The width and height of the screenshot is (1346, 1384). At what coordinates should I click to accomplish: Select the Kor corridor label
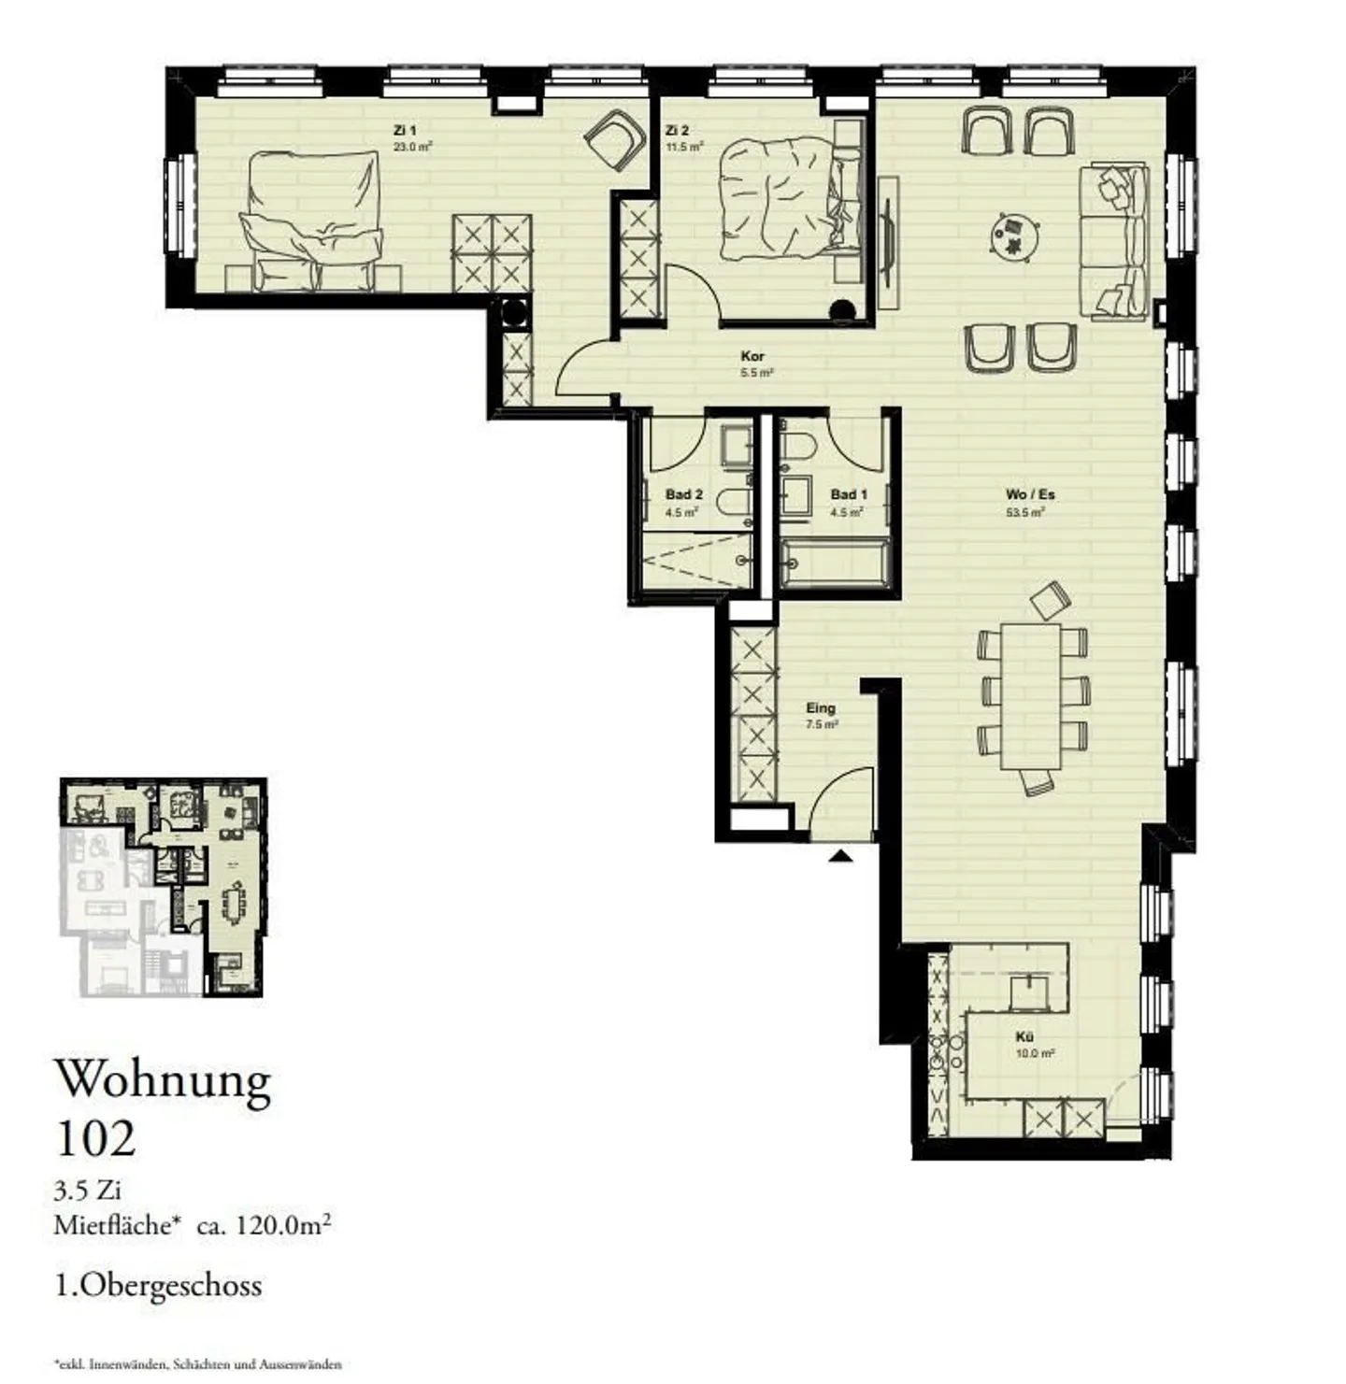point(752,356)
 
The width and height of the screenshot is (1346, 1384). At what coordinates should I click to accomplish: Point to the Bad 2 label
point(683,494)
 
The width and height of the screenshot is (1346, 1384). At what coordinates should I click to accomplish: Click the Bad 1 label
point(848,494)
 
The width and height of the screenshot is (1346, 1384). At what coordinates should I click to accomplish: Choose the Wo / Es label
point(1030,494)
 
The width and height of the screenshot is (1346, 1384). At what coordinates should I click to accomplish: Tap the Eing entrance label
point(821,708)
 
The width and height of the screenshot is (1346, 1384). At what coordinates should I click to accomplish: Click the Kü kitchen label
point(1024,1037)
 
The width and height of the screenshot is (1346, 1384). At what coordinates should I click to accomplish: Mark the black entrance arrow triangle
point(840,855)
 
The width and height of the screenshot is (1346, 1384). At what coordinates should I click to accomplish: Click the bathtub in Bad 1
point(835,564)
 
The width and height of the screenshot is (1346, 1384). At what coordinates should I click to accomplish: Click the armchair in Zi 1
point(615,137)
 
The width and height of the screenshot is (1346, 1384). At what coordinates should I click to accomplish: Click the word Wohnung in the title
point(164,1080)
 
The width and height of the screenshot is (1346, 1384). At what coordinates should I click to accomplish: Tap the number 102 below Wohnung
point(95,1138)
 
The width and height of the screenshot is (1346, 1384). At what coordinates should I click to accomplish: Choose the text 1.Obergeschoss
point(158,1285)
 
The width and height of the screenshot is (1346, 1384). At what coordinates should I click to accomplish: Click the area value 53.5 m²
point(1024,512)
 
